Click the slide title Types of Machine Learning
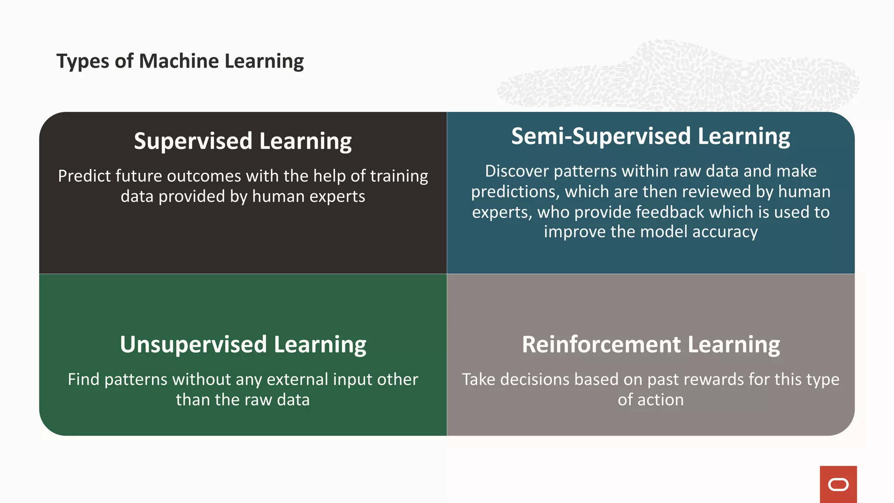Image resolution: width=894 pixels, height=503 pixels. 180,61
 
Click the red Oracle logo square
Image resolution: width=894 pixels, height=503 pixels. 838,484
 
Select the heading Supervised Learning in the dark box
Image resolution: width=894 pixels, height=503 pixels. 243,141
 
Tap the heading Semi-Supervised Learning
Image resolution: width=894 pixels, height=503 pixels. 650,136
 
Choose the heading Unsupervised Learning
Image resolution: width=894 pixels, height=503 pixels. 243,345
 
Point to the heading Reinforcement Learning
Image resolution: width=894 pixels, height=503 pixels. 650,345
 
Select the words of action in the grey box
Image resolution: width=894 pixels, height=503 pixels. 650,400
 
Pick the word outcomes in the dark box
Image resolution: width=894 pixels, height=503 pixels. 204,176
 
